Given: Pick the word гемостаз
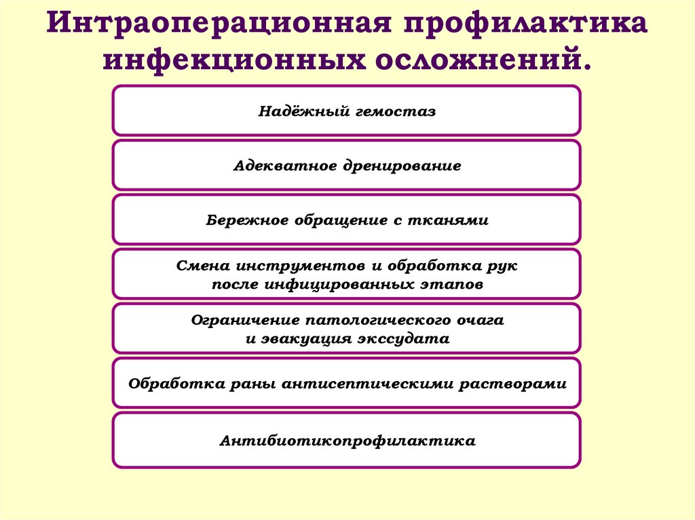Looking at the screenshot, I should [395, 111].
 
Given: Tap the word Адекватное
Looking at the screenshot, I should [280, 166].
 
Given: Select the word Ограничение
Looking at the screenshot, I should [244, 320].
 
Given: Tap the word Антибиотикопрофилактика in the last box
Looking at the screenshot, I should [347, 441].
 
